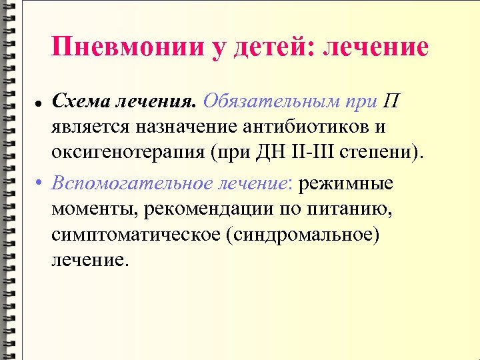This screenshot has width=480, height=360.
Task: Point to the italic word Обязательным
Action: pyautogui.click(x=271, y=101)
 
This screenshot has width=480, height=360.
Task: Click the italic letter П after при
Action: pyautogui.click(x=391, y=101)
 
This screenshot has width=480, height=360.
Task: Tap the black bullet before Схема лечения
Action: pyautogui.click(x=39, y=104)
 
